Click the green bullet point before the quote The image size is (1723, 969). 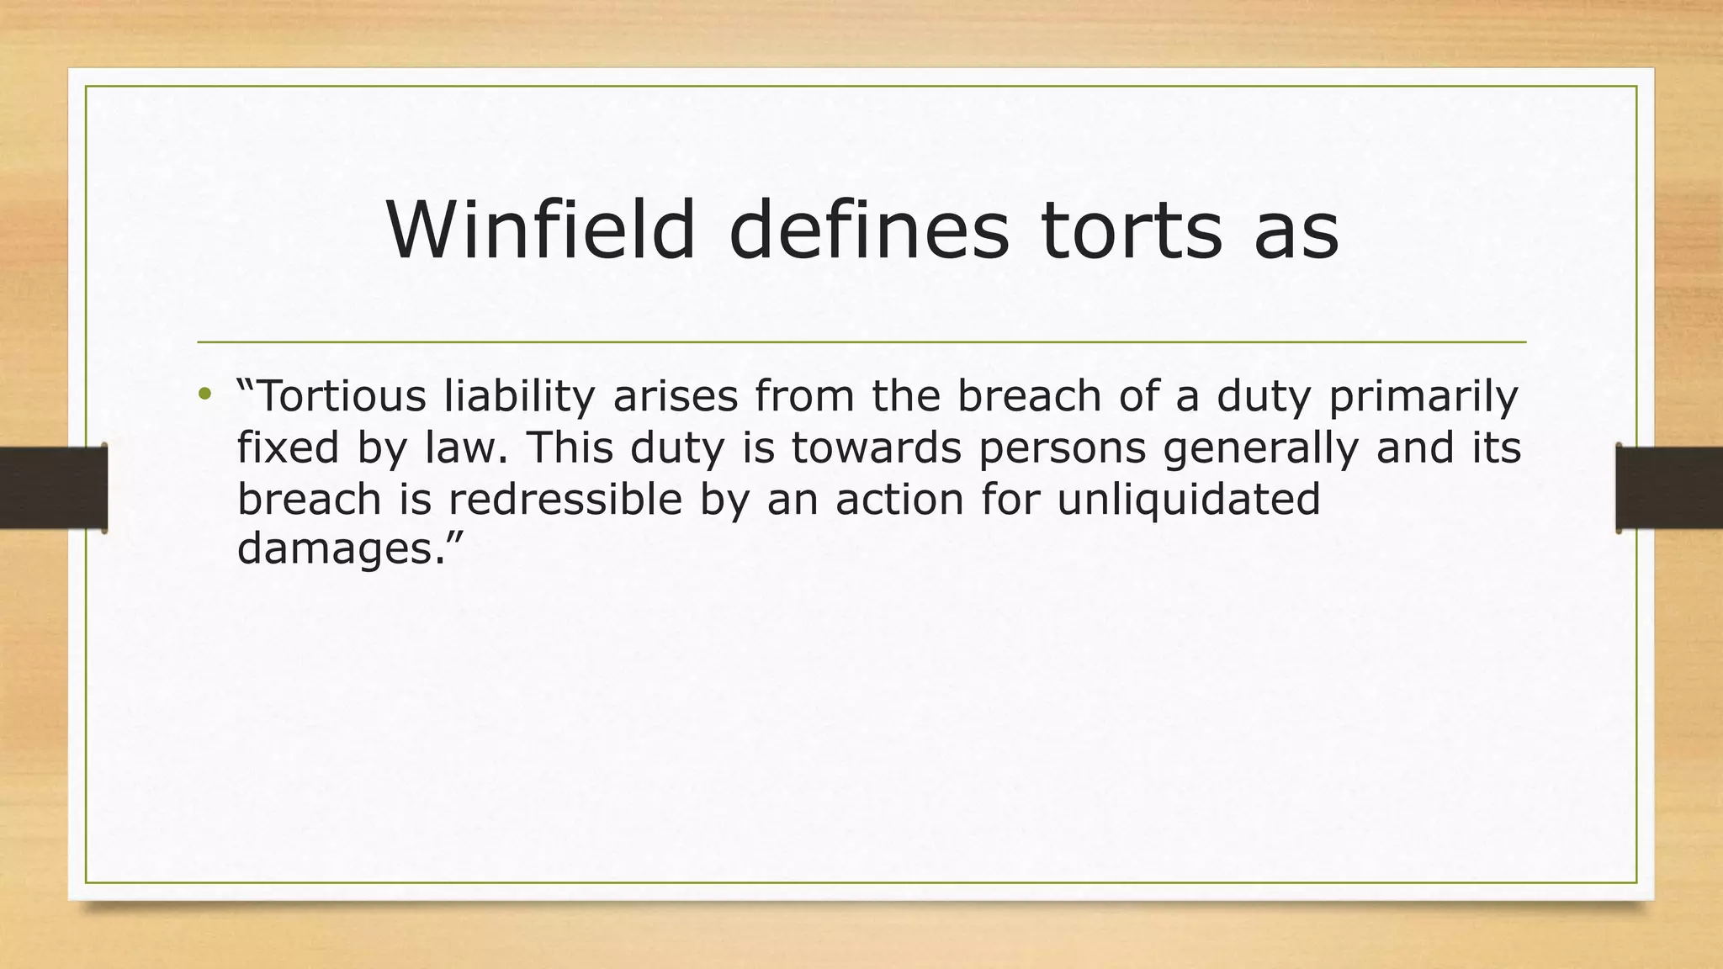(204, 394)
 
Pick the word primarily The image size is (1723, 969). (1423, 397)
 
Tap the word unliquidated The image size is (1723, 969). (1188, 500)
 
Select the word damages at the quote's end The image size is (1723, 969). (337, 550)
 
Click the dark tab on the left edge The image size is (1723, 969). (53, 488)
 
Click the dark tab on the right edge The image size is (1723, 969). (1669, 488)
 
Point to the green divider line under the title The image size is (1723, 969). (861, 342)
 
